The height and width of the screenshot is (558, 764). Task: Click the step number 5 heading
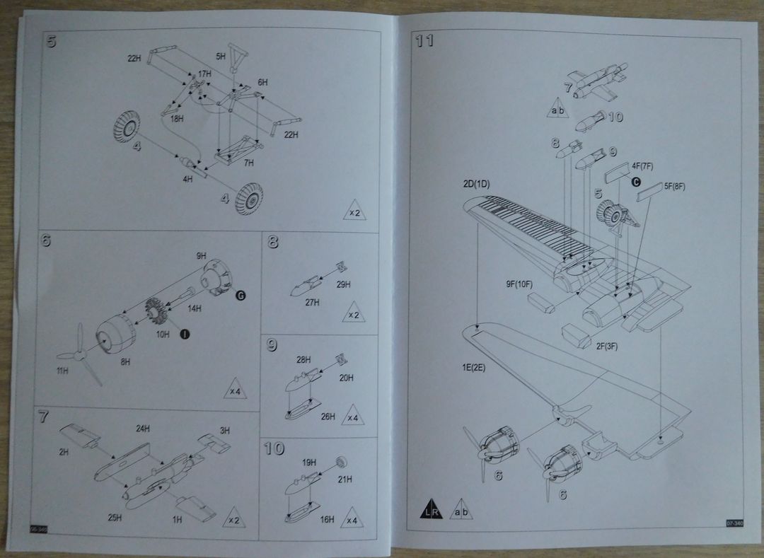pyautogui.click(x=50, y=40)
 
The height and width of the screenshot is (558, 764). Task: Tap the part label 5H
pyautogui.click(x=221, y=55)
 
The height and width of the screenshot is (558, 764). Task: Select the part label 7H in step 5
pyautogui.click(x=248, y=163)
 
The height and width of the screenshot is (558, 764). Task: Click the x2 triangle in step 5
pyautogui.click(x=354, y=210)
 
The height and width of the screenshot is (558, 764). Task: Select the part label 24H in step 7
pyautogui.click(x=144, y=428)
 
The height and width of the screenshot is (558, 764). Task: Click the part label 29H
pyautogui.click(x=345, y=284)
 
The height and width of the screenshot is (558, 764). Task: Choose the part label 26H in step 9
pyautogui.click(x=328, y=417)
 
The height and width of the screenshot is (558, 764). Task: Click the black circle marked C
pyautogui.click(x=636, y=181)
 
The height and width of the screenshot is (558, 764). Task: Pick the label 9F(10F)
pyautogui.click(x=519, y=284)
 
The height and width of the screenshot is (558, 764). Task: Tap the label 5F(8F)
pyautogui.click(x=675, y=186)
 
